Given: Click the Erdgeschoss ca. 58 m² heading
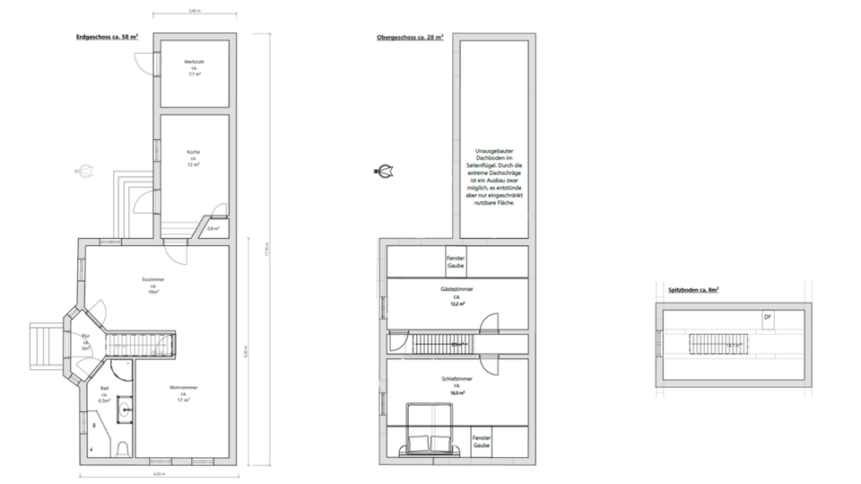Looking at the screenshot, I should [x=107, y=38].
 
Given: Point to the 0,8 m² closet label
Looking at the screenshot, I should [x=213, y=228].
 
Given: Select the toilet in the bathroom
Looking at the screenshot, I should [x=123, y=448].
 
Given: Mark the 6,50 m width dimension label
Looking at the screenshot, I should [x=159, y=474].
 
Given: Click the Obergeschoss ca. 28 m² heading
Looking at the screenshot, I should [x=409, y=38].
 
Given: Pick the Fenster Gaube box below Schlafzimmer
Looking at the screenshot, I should [x=482, y=441].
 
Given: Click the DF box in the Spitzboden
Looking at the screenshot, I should [x=767, y=318].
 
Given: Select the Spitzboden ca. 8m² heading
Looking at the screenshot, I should [x=694, y=290].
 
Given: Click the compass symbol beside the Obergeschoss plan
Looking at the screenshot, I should [x=386, y=171].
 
